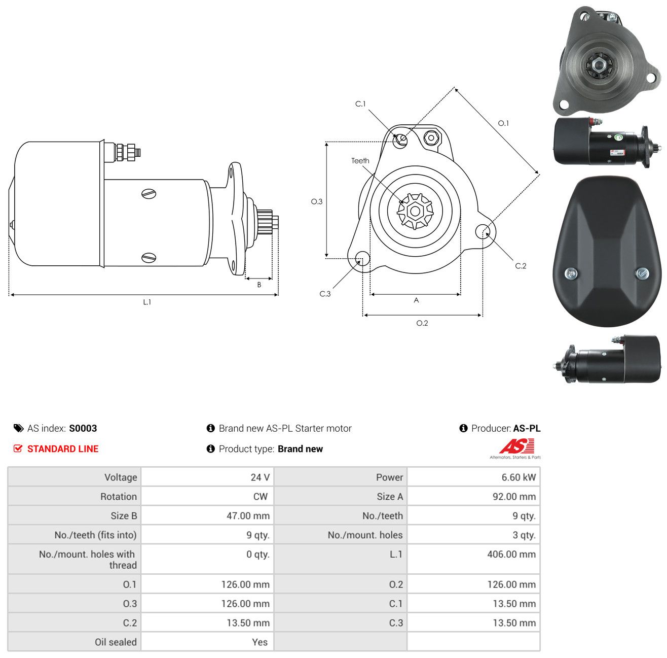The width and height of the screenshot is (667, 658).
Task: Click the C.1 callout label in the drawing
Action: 360,103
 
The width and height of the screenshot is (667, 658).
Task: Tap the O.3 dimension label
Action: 316,201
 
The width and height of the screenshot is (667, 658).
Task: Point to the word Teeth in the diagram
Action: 360,161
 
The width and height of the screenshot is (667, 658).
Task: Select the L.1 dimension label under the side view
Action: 147,302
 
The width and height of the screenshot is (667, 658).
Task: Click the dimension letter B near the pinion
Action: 259,285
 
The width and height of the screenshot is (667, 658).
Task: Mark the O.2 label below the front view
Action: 422,323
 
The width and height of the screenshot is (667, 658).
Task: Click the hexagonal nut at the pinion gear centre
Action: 415,211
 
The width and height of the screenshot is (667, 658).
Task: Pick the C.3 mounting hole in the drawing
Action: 362,258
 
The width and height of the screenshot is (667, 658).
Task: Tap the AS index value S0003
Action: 83,428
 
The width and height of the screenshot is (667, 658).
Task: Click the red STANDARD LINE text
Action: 63,448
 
